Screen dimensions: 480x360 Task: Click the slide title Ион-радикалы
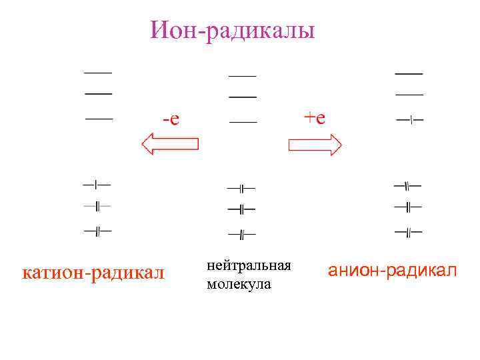232,29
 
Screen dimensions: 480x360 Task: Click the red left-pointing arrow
171,143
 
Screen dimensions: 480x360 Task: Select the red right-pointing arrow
315,144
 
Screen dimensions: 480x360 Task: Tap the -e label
171,119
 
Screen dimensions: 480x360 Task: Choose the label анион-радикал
392,271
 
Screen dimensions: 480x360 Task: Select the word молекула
239,285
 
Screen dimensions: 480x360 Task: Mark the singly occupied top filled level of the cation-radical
97,183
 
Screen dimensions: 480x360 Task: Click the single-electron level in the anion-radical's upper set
409,120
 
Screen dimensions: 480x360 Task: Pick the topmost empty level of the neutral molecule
242,75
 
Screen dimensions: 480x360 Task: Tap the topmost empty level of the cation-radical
97,71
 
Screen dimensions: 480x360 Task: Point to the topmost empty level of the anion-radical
409,73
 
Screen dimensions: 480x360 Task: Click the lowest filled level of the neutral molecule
241,234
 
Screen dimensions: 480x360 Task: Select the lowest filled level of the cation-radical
97,231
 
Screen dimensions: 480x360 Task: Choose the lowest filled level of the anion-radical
408,232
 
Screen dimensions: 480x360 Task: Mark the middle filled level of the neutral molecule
241,209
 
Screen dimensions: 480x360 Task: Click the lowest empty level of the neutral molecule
243,123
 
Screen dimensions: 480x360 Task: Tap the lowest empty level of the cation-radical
99,119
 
